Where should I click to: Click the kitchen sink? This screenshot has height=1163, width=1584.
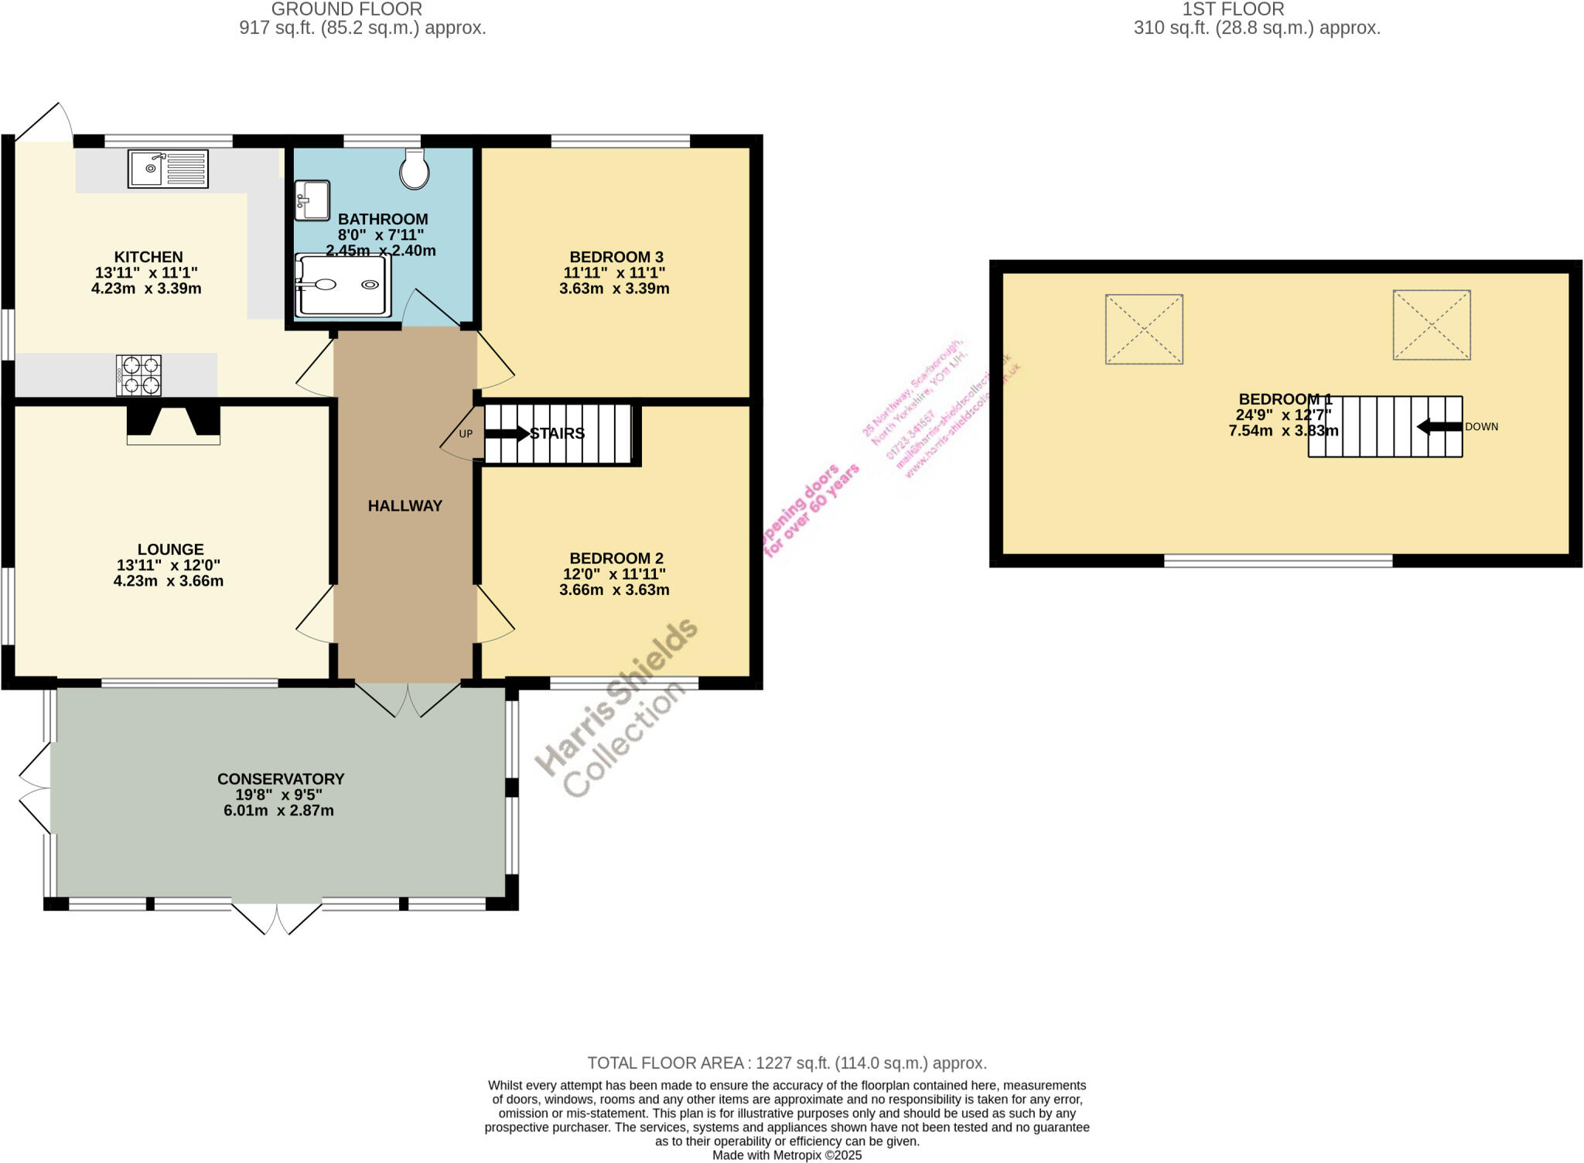click(x=168, y=169)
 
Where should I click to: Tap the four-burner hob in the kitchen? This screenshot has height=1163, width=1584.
click(x=138, y=375)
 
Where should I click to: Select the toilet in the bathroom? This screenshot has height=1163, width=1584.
click(x=415, y=170)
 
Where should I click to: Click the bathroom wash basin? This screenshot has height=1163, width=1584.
click(x=312, y=200)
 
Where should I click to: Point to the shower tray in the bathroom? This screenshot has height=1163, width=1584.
click(x=342, y=286)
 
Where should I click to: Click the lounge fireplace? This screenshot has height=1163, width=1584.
click(x=173, y=425)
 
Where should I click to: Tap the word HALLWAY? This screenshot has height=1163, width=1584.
click(x=405, y=506)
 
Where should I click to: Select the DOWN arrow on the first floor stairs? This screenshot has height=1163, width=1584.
click(x=1439, y=426)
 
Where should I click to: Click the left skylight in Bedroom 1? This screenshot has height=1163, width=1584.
click(x=1143, y=329)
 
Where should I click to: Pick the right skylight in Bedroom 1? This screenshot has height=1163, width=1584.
click(x=1431, y=325)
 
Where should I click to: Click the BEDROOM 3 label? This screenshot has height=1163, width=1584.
click(x=616, y=257)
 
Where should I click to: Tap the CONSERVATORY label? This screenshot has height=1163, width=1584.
click(x=280, y=779)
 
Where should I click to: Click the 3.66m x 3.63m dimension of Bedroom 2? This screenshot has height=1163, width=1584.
click(x=614, y=590)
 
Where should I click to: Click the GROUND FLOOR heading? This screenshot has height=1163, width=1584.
click(x=346, y=9)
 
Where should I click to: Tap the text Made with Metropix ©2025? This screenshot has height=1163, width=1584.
click(x=786, y=1155)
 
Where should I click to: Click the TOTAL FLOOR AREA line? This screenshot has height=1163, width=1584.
click(x=786, y=1063)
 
